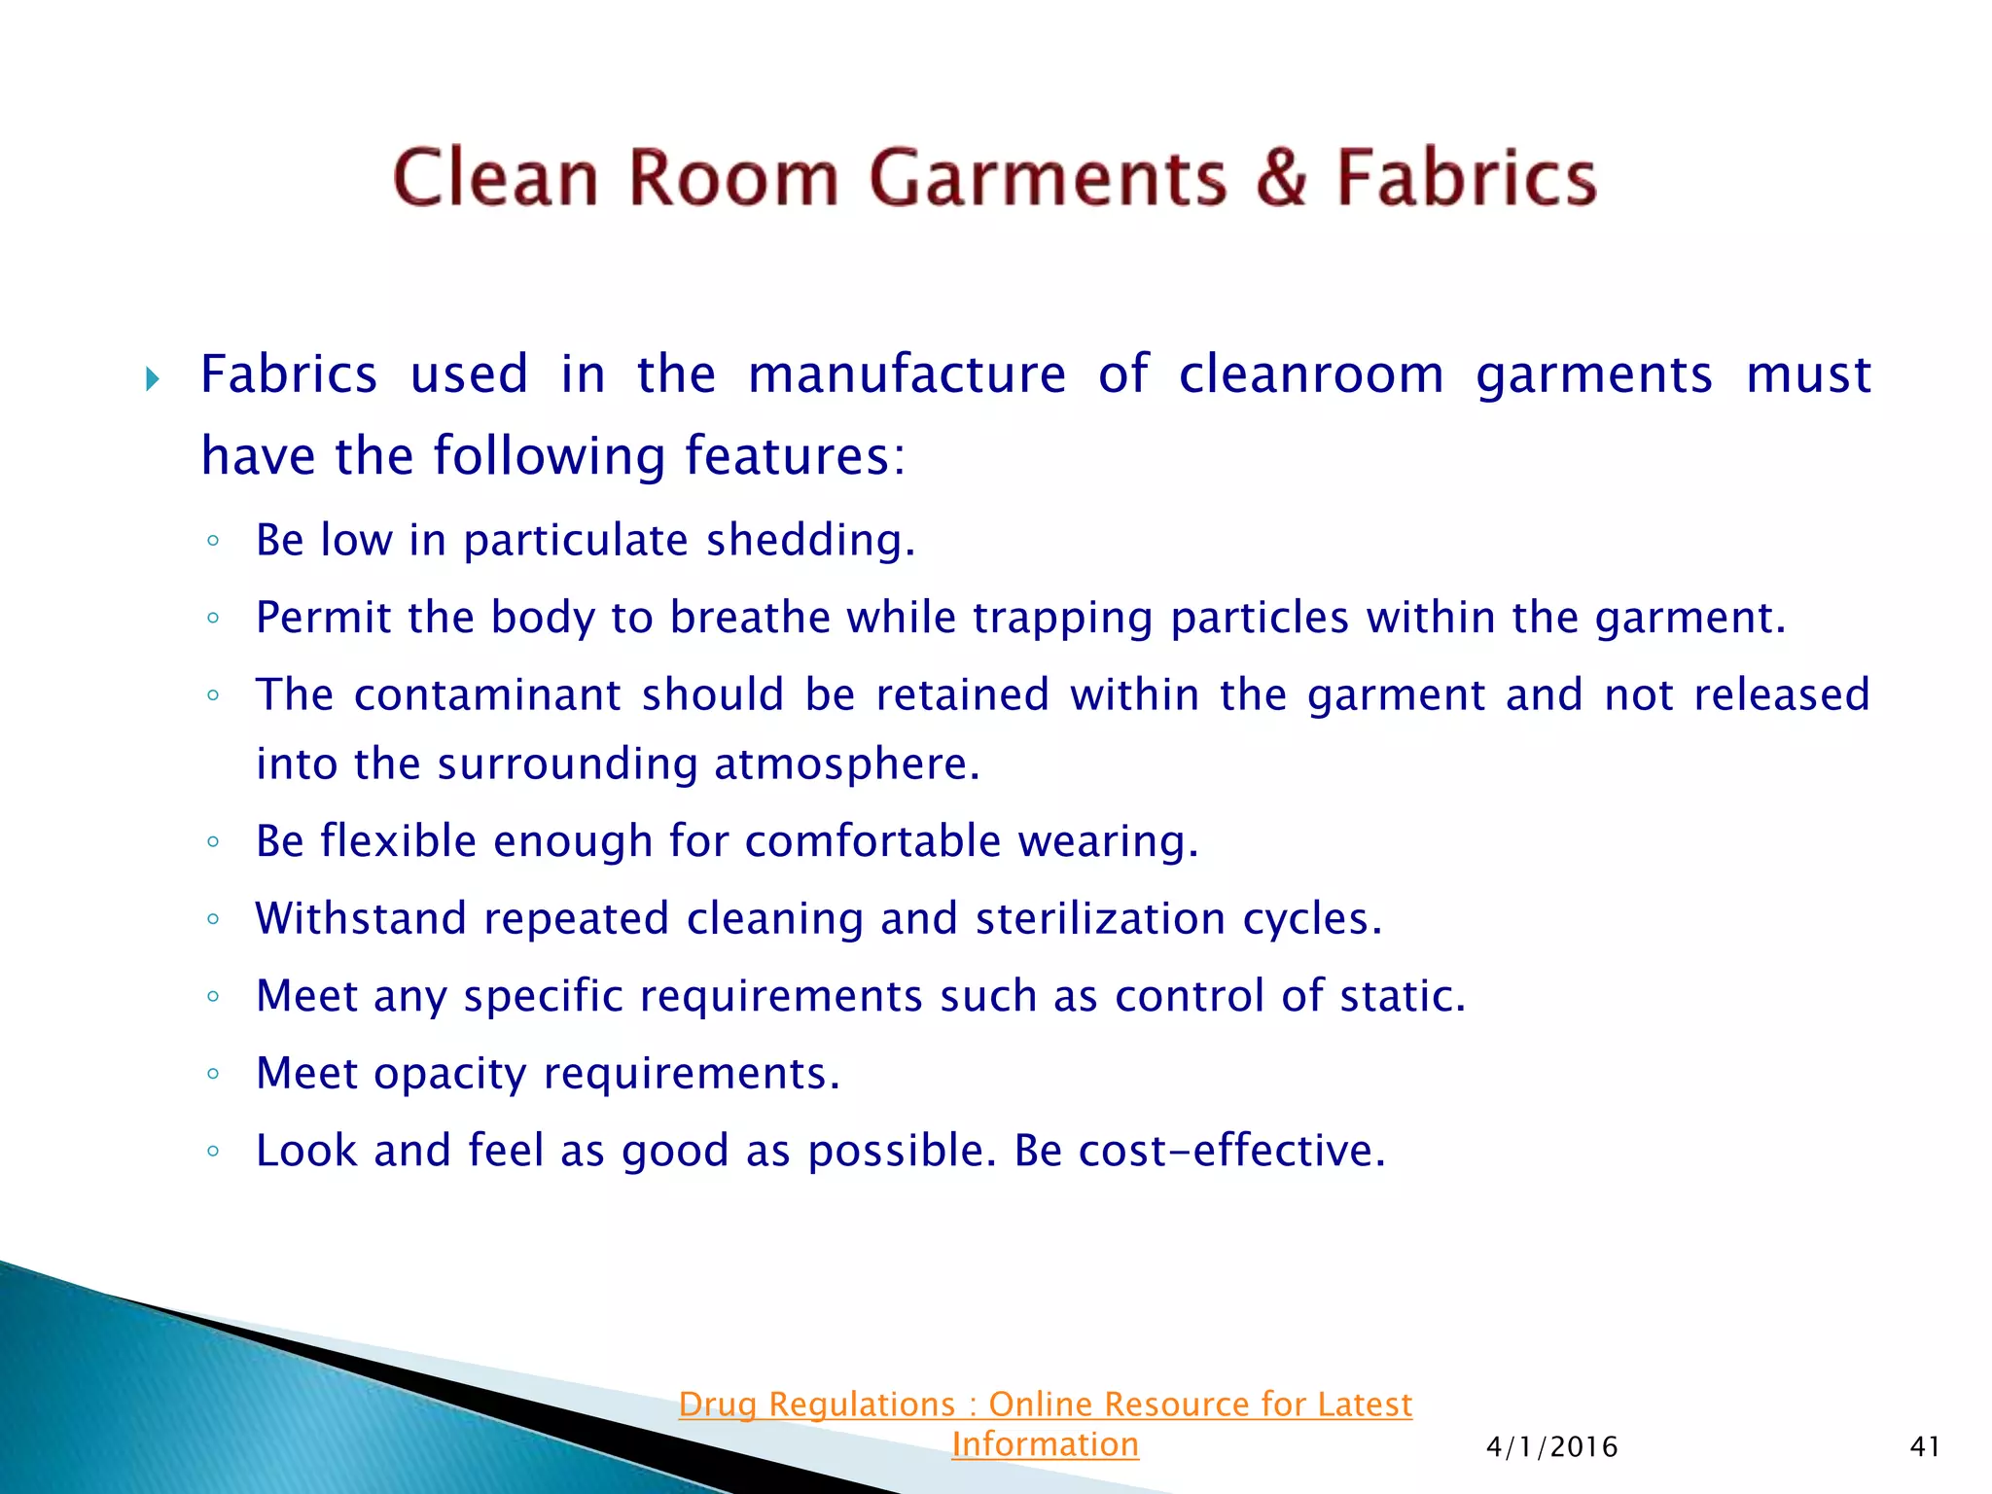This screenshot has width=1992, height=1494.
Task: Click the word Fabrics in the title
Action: click(x=1466, y=179)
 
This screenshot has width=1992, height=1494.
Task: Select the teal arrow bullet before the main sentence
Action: click(x=152, y=378)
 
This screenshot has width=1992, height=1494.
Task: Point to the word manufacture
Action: click(x=907, y=375)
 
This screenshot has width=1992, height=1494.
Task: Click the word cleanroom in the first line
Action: click(x=1311, y=375)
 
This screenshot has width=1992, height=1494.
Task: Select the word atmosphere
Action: click(x=846, y=765)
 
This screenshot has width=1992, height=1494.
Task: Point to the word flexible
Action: click(x=398, y=841)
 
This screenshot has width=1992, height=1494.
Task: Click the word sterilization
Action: click(x=1100, y=919)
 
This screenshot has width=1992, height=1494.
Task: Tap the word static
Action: click(x=1402, y=996)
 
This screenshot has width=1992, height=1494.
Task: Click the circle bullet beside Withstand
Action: click(x=213, y=919)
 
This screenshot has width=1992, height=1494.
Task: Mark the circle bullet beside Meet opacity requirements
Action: click(x=213, y=1075)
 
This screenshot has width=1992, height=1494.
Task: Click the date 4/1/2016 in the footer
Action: click(x=1551, y=1447)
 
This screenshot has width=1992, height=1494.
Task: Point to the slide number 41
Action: click(x=1925, y=1447)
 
